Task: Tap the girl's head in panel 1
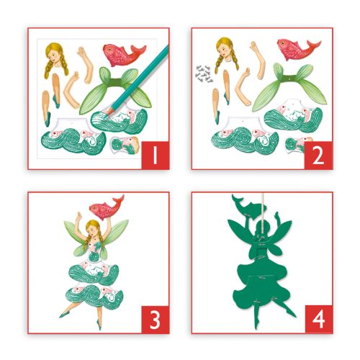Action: tap(56, 55)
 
